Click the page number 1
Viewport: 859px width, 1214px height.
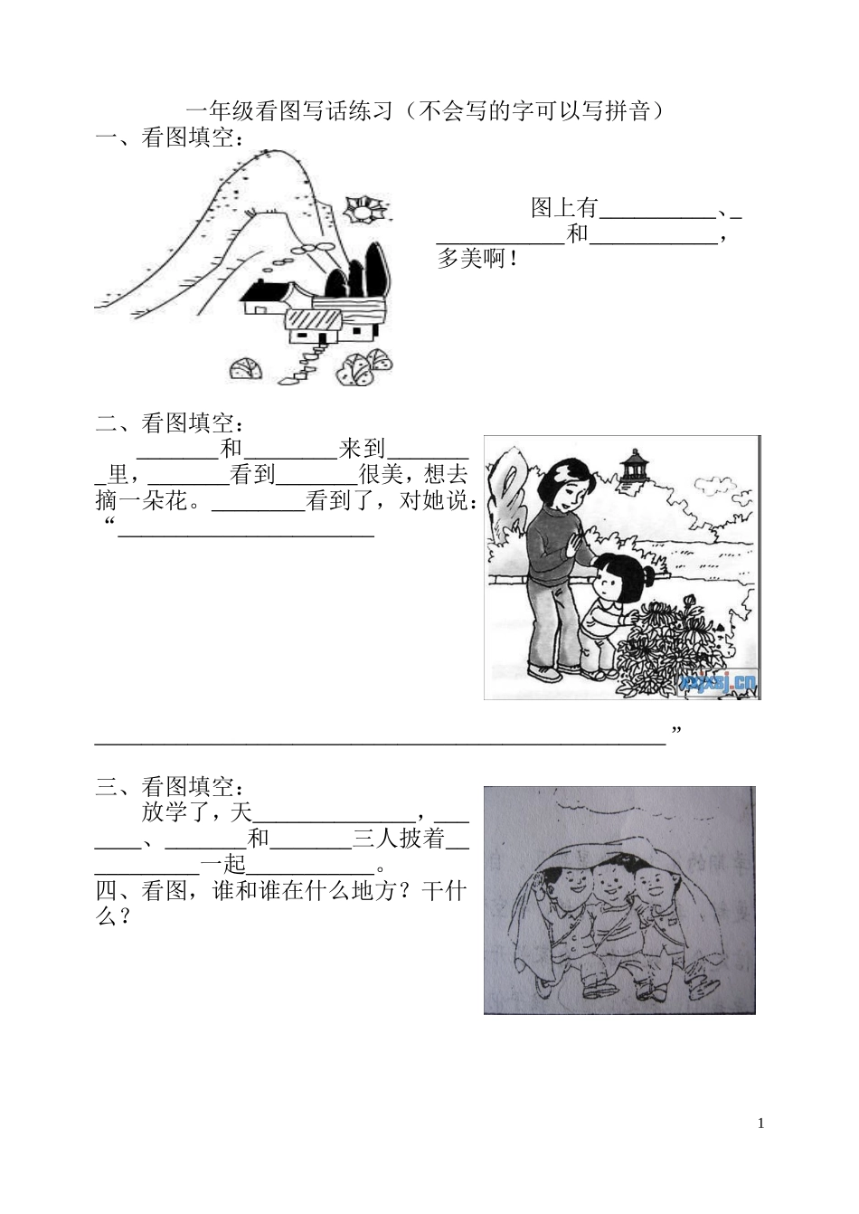click(x=760, y=1124)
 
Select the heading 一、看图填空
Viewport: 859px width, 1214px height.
click(x=168, y=138)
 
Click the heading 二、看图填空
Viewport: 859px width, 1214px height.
click(x=168, y=422)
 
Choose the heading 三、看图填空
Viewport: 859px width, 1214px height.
click(x=168, y=786)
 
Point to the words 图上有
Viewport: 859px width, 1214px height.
click(x=564, y=208)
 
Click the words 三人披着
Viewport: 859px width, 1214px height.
click(x=399, y=839)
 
